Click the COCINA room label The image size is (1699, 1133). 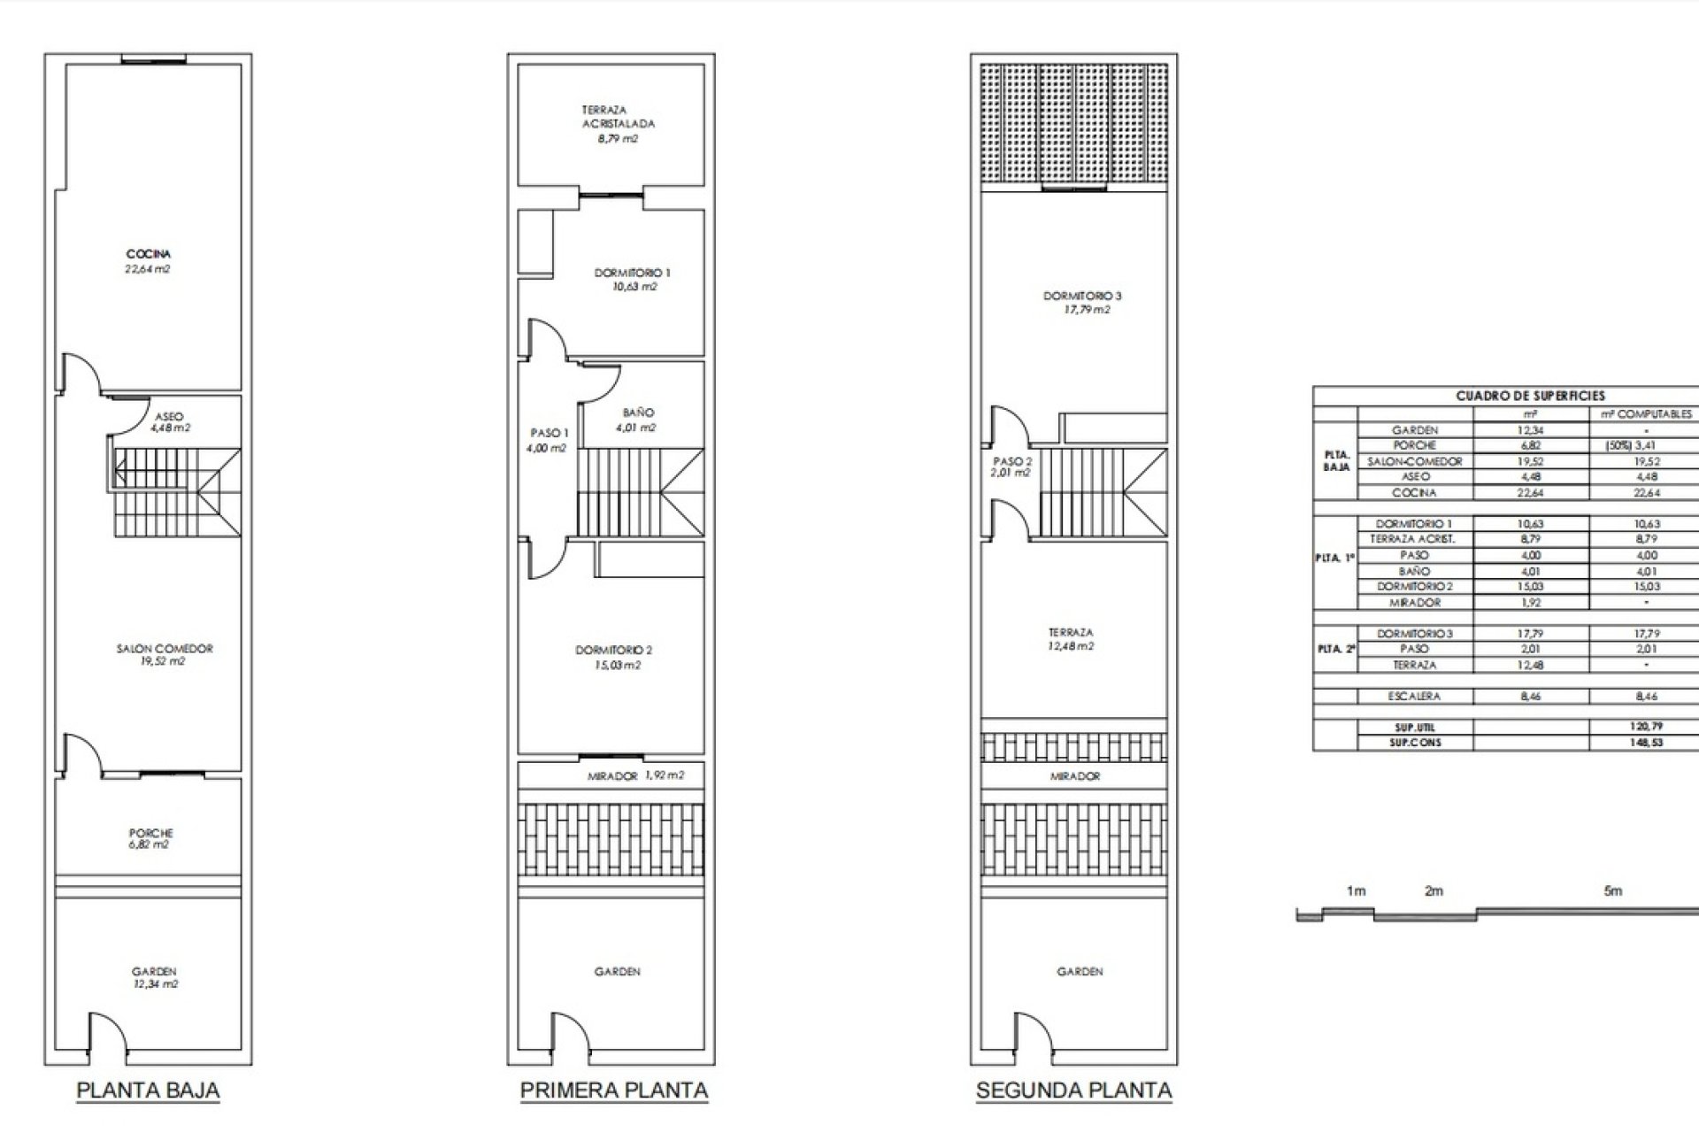coord(148,255)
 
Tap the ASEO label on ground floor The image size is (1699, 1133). coord(169,416)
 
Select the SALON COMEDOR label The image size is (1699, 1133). coord(165,649)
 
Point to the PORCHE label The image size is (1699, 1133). coord(150,833)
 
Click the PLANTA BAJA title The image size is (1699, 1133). coord(148,1090)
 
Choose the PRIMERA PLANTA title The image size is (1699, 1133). coord(613,1090)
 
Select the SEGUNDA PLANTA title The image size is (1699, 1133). coord(1073,1090)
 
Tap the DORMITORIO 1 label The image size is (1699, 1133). coord(632,274)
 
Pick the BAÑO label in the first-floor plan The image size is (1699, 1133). coord(638,412)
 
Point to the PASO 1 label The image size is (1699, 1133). coord(549,433)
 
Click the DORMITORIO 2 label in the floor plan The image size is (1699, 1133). coord(613,651)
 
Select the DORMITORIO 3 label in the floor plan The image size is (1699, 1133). coord(1082,296)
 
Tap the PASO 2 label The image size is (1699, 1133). coord(1012,461)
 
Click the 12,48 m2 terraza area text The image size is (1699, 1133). coord(1071,646)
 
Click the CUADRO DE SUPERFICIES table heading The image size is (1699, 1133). coord(1530,396)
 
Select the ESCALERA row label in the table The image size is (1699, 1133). coord(1414,697)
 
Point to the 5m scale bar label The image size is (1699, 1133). coord(1612,891)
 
